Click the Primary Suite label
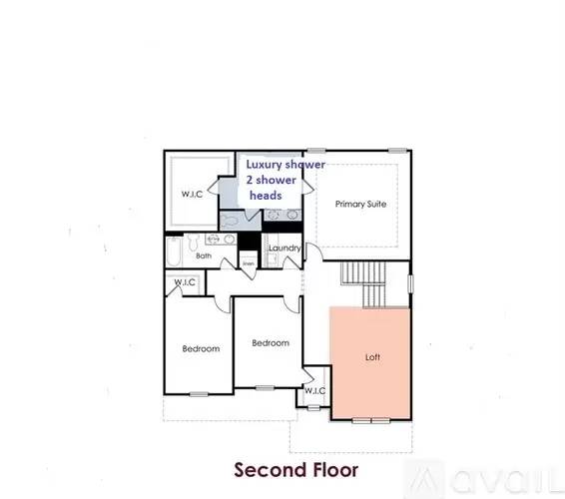click(x=360, y=204)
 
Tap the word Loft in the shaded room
click(x=372, y=356)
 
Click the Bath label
click(x=204, y=256)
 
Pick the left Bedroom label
click(x=200, y=348)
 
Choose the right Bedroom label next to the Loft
click(x=270, y=343)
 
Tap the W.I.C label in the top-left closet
click(x=192, y=194)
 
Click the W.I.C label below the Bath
click(x=185, y=283)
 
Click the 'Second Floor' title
click(x=283, y=468)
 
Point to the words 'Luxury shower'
click(x=285, y=164)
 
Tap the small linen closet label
click(x=248, y=263)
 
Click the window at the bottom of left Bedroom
click(x=199, y=393)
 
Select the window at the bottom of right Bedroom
click(x=264, y=387)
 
